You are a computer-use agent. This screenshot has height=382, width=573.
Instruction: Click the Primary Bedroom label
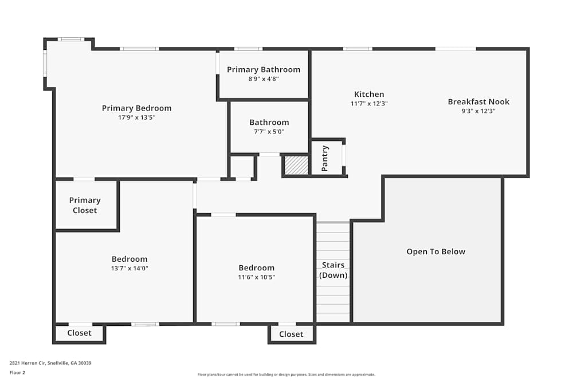(x=136, y=108)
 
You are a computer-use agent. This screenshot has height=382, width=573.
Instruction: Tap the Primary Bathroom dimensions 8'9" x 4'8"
(x=264, y=79)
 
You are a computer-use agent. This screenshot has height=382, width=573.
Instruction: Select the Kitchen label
(x=369, y=94)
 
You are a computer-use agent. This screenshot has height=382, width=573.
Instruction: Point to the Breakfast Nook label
(x=478, y=102)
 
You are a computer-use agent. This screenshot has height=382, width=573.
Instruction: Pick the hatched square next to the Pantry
(x=296, y=165)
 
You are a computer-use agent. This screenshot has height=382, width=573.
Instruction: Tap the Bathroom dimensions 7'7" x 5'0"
(x=269, y=132)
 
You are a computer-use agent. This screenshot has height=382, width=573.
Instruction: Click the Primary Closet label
(x=85, y=205)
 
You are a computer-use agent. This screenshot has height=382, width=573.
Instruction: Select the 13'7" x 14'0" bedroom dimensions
(x=129, y=268)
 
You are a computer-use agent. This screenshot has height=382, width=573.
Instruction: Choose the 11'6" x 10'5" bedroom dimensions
(x=256, y=277)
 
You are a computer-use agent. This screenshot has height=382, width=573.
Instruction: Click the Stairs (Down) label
(x=333, y=270)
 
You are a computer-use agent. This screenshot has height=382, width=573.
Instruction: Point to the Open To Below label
(x=435, y=251)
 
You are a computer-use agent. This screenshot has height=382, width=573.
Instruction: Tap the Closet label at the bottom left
(x=79, y=333)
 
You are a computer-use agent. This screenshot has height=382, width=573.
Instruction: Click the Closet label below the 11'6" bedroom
(x=291, y=334)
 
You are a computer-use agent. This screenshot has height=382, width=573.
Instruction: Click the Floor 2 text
(x=17, y=372)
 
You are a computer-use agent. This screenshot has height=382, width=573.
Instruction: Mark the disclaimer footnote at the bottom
(x=286, y=375)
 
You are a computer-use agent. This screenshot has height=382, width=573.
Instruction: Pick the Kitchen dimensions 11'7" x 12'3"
(x=369, y=104)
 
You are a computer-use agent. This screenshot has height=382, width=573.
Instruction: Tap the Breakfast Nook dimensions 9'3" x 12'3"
(x=478, y=111)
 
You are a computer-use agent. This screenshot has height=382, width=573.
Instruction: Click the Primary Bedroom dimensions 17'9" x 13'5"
(x=136, y=117)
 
